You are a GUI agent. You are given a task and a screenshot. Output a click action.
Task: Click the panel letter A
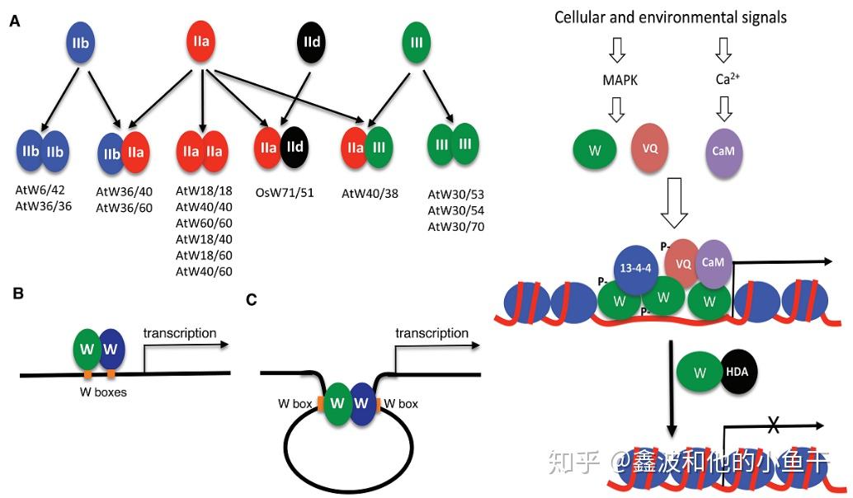(x=14, y=21)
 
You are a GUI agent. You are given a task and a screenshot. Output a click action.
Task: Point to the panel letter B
(x=17, y=293)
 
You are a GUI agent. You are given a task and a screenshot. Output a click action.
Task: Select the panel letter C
(x=253, y=298)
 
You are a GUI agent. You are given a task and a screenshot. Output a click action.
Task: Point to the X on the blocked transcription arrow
(x=774, y=425)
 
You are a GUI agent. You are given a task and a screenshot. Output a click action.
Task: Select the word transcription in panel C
(x=431, y=333)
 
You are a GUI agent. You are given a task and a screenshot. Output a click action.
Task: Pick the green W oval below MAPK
(x=594, y=150)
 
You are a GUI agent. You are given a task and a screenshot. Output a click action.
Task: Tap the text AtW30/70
(x=455, y=226)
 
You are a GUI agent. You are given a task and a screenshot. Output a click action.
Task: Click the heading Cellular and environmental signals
(x=670, y=16)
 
